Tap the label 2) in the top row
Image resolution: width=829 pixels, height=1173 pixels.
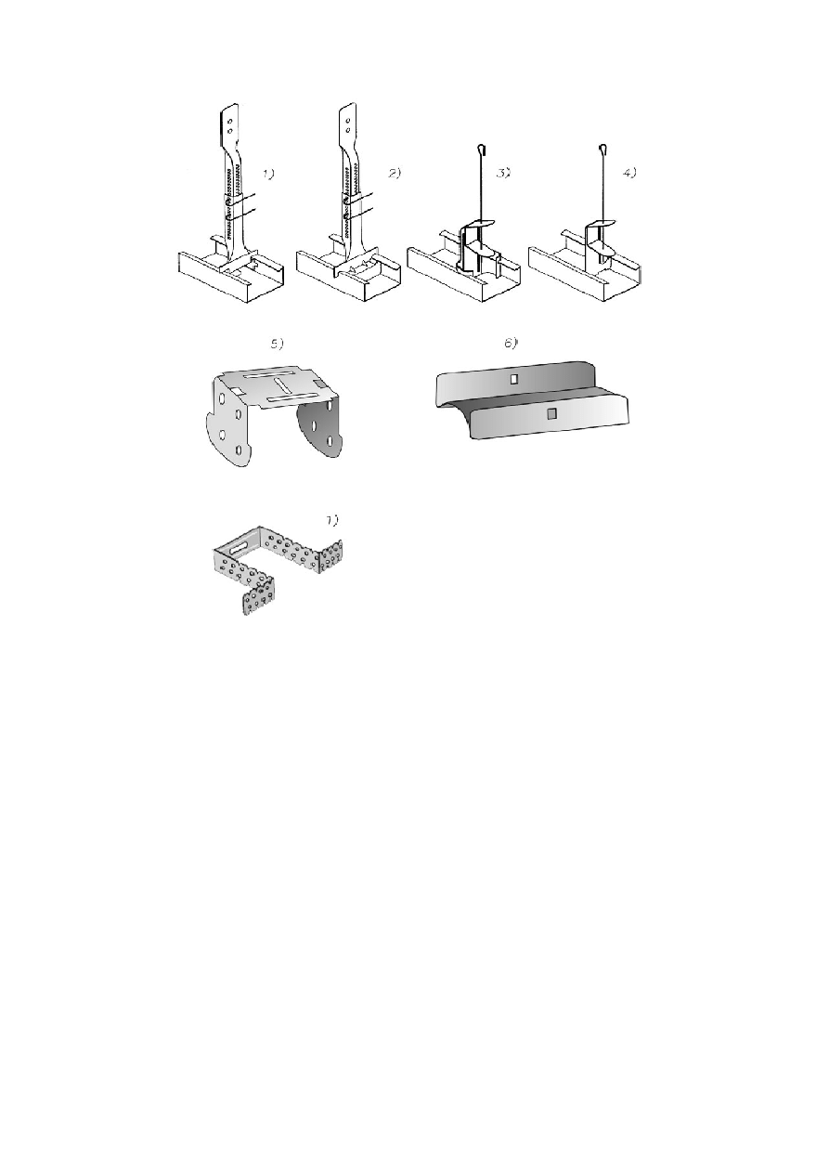coord(394,173)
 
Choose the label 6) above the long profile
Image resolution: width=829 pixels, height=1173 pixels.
coord(510,344)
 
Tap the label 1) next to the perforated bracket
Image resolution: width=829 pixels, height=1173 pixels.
coord(331,523)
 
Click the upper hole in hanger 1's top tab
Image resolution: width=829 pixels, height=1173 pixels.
coord(230,119)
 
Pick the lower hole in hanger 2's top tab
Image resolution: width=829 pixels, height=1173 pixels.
coord(348,132)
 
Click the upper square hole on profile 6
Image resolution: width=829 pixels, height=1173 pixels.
coord(512,379)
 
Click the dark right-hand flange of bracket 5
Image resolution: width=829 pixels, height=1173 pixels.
coord(320,431)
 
